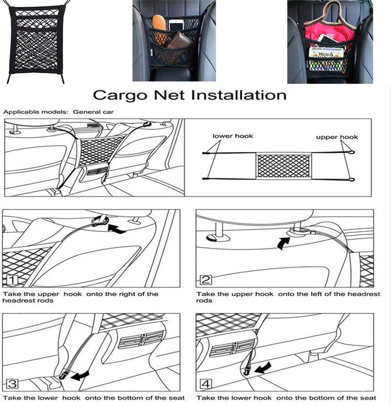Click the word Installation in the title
click(x=238, y=95)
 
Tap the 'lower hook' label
click(x=233, y=136)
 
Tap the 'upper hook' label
click(x=337, y=137)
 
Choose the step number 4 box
click(x=206, y=384)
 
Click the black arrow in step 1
click(x=117, y=229)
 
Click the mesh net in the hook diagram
click(x=284, y=166)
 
